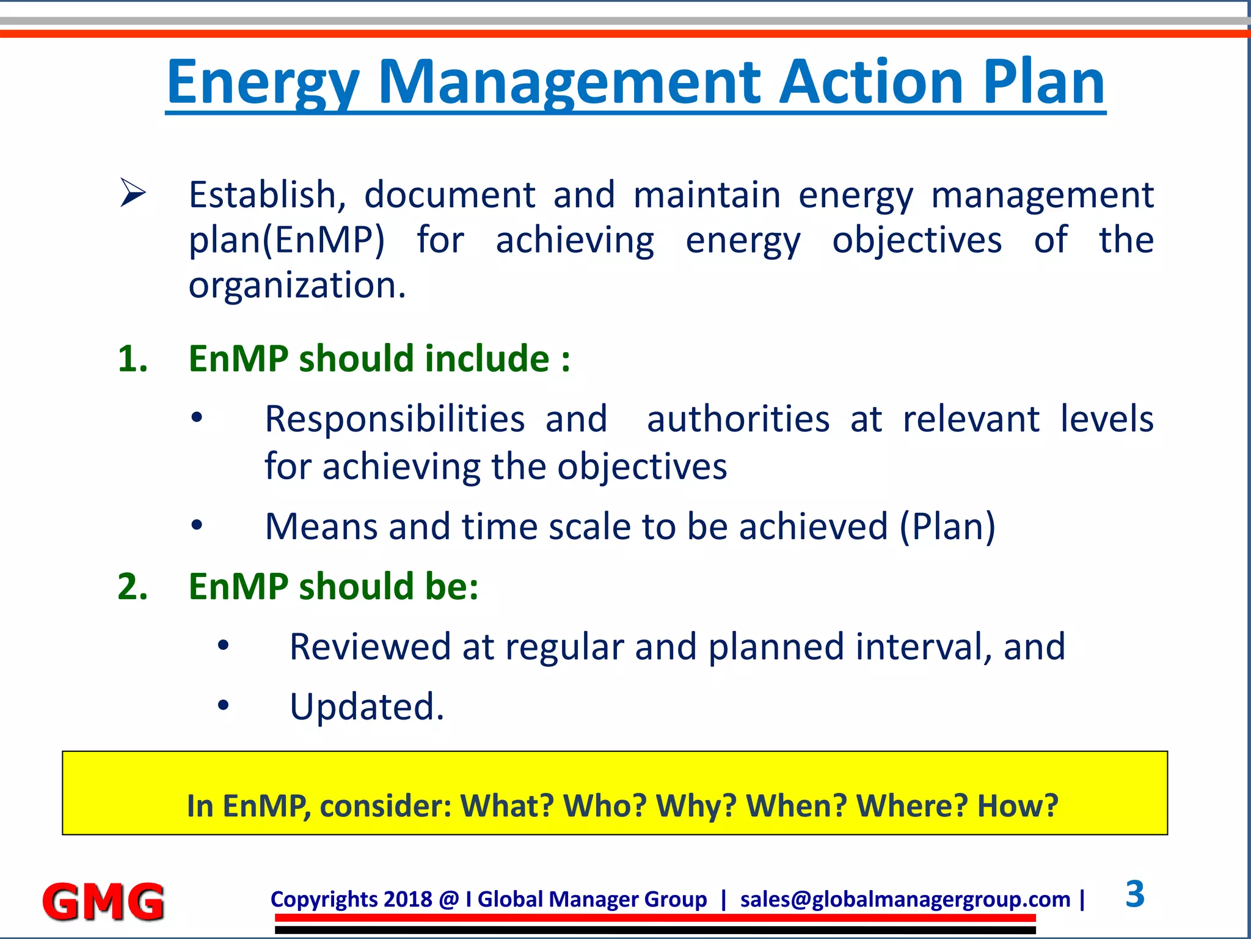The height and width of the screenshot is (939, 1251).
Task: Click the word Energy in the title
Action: (263, 83)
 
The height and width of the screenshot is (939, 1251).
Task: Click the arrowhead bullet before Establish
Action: (132, 193)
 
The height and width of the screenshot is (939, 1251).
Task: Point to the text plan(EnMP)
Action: (286, 240)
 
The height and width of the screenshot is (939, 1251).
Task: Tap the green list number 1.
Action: (132, 359)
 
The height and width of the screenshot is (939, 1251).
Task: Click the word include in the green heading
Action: (487, 359)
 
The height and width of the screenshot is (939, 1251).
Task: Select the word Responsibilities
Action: (395, 420)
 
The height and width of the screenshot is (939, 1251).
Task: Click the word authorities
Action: (738, 420)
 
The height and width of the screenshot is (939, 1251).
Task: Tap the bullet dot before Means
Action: (196, 525)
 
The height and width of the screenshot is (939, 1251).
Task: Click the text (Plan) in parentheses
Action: (947, 527)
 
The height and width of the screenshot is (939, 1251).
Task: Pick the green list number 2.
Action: (132, 587)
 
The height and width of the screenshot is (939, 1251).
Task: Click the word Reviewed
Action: (370, 647)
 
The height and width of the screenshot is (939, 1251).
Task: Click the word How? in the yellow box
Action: (1017, 806)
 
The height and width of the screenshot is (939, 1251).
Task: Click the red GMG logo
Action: (103, 902)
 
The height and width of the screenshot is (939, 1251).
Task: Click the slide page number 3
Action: (1134, 894)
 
